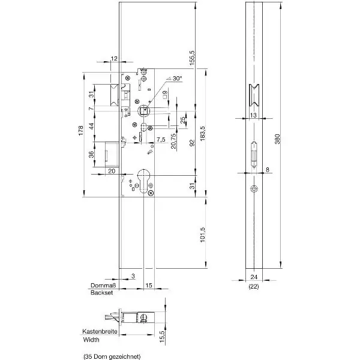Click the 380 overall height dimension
278,139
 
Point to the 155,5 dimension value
192,58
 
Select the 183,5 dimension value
203,133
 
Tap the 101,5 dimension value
203,235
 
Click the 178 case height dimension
81,130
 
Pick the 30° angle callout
177,78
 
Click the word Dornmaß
104,286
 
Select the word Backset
102,293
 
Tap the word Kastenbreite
100,331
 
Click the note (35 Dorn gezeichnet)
112,356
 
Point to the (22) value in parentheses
254,286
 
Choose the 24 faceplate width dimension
254,277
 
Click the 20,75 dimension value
174,141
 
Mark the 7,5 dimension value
161,140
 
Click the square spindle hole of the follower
144,111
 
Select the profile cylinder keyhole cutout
144,181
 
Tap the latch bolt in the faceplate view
254,95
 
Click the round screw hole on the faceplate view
254,189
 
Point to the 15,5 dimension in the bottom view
162,337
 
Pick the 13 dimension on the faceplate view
253,115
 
